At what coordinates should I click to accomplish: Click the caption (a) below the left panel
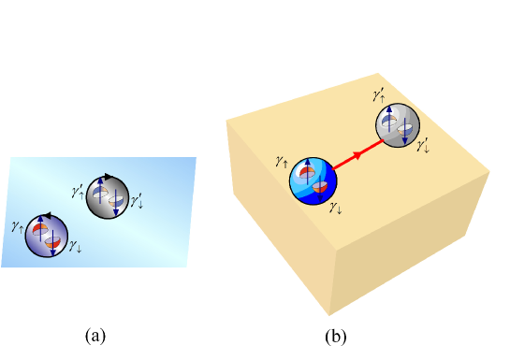tap(95, 334)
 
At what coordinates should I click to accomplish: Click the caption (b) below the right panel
tap(335, 334)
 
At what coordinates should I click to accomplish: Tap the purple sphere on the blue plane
tap(47, 234)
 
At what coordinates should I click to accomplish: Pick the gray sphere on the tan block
tap(398, 124)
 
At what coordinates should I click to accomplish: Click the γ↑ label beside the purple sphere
tap(17, 225)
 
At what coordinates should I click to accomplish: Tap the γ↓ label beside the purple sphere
tap(76, 248)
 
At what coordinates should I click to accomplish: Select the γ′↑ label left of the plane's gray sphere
tap(77, 192)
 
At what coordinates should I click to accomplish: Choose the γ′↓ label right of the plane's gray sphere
tap(137, 198)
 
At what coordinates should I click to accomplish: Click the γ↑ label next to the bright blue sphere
tap(282, 162)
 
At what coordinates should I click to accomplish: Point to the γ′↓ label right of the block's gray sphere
tap(423, 145)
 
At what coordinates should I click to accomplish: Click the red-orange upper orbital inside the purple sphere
tap(39, 227)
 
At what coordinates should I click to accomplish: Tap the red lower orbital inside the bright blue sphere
tap(320, 186)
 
